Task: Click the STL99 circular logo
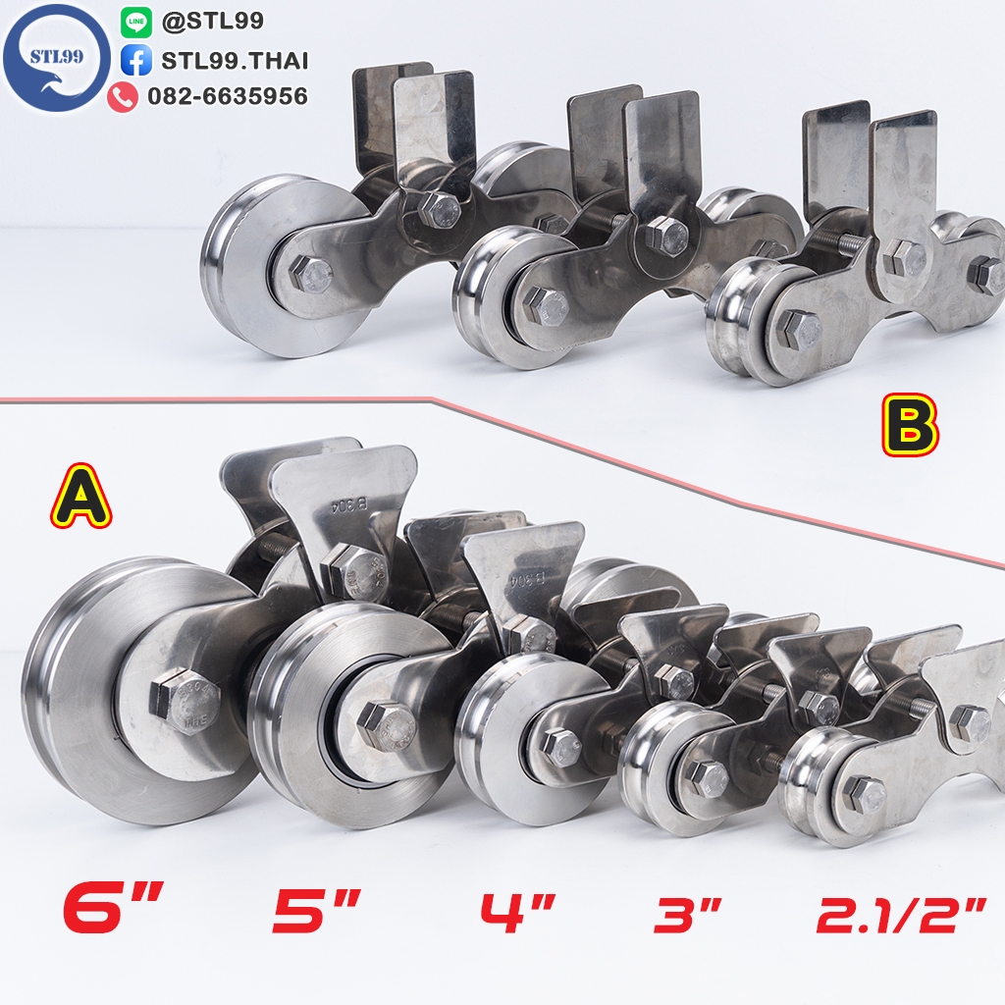[x=56, y=58]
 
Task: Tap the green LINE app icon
[x=135, y=23]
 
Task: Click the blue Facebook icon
[x=135, y=60]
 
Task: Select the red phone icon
[x=123, y=97]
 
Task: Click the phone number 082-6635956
[x=228, y=96]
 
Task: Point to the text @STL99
[x=212, y=22]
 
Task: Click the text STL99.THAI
[x=235, y=60]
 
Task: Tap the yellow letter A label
[x=81, y=496]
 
